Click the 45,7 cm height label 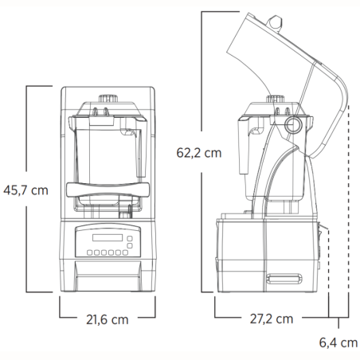(x=27, y=190)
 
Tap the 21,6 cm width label (x=107, y=319)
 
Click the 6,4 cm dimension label (x=336, y=343)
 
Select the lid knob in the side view (x=270, y=101)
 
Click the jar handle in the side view (x=245, y=143)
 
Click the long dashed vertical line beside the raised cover (x=350, y=199)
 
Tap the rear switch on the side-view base (x=323, y=239)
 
